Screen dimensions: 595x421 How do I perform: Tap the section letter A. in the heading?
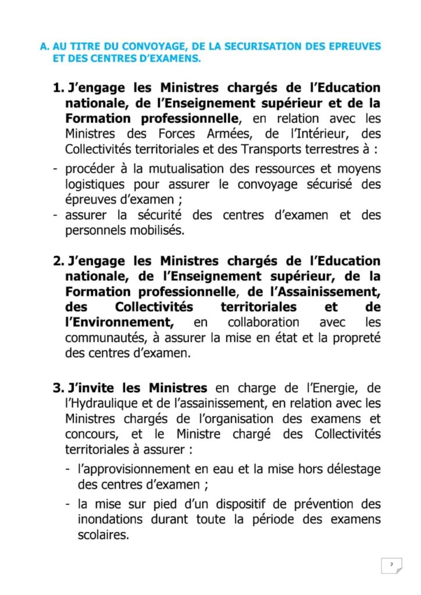[x=45, y=46]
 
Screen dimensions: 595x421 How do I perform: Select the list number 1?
[x=59, y=88]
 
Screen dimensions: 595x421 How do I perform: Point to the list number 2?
[x=59, y=261]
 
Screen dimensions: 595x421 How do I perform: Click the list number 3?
[x=59, y=388]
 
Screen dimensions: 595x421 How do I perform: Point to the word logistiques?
[x=95, y=185]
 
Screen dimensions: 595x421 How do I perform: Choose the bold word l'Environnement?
[x=119, y=322]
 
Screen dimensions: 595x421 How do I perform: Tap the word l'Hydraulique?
[x=99, y=403]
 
